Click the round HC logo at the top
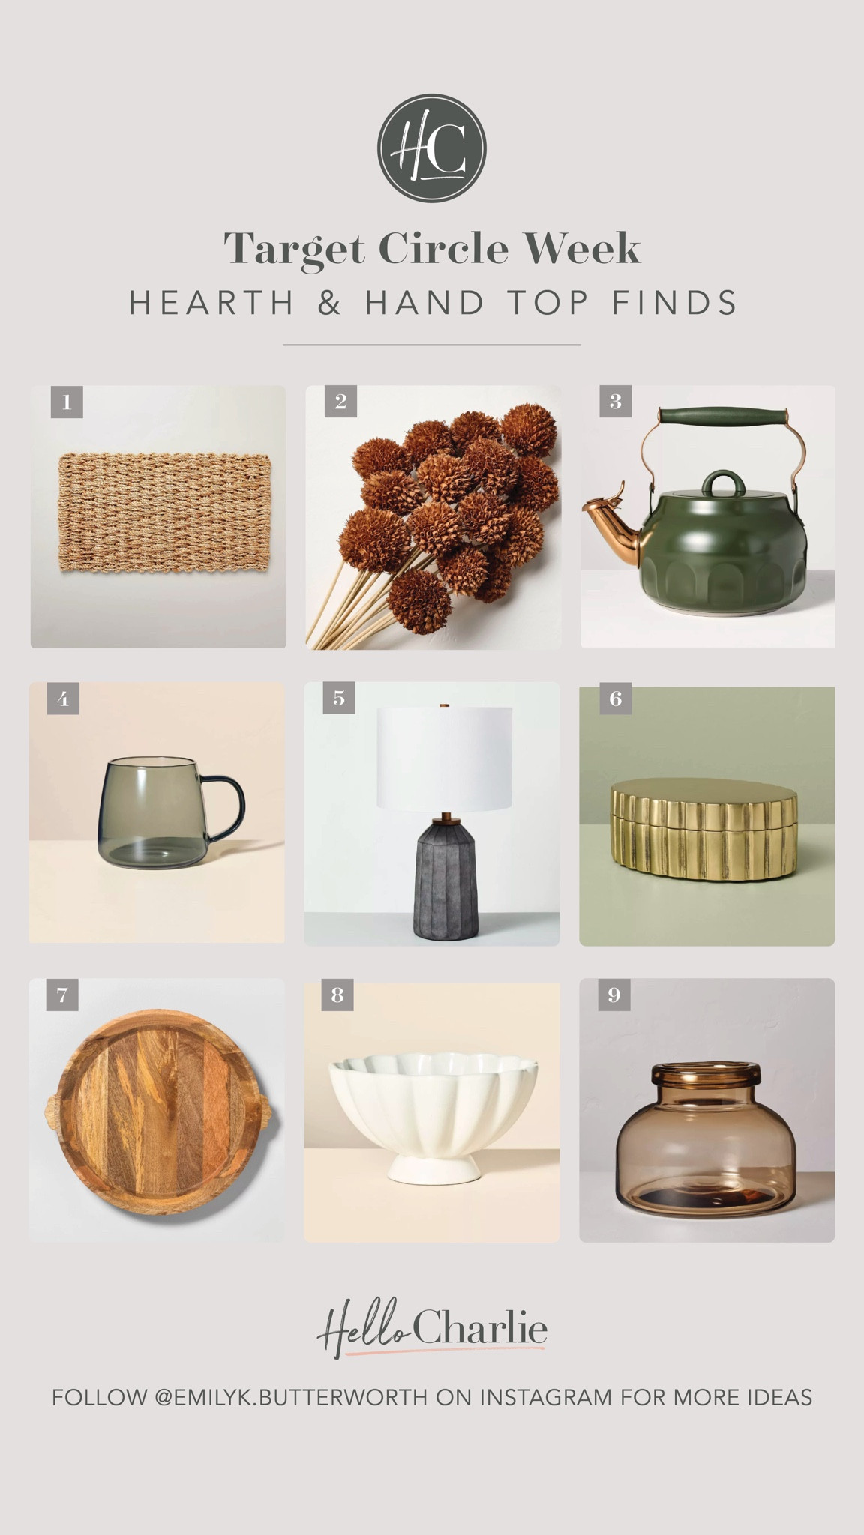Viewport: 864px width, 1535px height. point(431,148)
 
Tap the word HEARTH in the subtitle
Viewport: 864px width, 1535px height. point(212,303)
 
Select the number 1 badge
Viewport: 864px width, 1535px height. point(67,402)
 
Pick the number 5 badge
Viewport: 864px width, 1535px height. point(339,699)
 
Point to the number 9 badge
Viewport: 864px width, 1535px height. point(614,995)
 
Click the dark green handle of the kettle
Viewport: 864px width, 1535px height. point(723,416)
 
